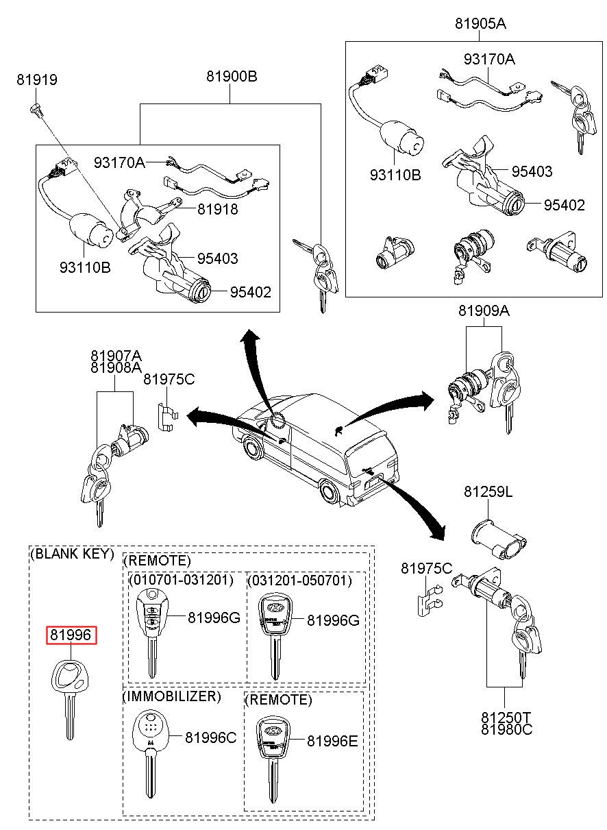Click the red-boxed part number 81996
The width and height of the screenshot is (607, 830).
click(x=72, y=635)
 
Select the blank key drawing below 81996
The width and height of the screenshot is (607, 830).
click(x=69, y=692)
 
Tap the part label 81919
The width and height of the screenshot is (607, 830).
click(x=37, y=80)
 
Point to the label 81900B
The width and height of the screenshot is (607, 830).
click(x=232, y=77)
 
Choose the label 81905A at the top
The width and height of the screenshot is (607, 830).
click(x=480, y=24)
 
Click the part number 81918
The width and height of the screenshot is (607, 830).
click(x=218, y=210)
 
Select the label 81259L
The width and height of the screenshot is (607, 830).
click(x=488, y=492)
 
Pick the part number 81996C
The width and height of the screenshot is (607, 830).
click(x=211, y=737)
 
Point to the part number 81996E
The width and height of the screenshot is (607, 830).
click(x=333, y=741)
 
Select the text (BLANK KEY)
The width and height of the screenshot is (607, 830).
click(x=72, y=554)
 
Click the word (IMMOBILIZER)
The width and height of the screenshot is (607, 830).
click(x=172, y=697)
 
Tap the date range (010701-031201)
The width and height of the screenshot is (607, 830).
click(x=182, y=581)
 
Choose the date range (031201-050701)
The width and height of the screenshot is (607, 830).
click(x=299, y=581)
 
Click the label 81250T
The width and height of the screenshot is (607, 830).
click(x=506, y=717)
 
